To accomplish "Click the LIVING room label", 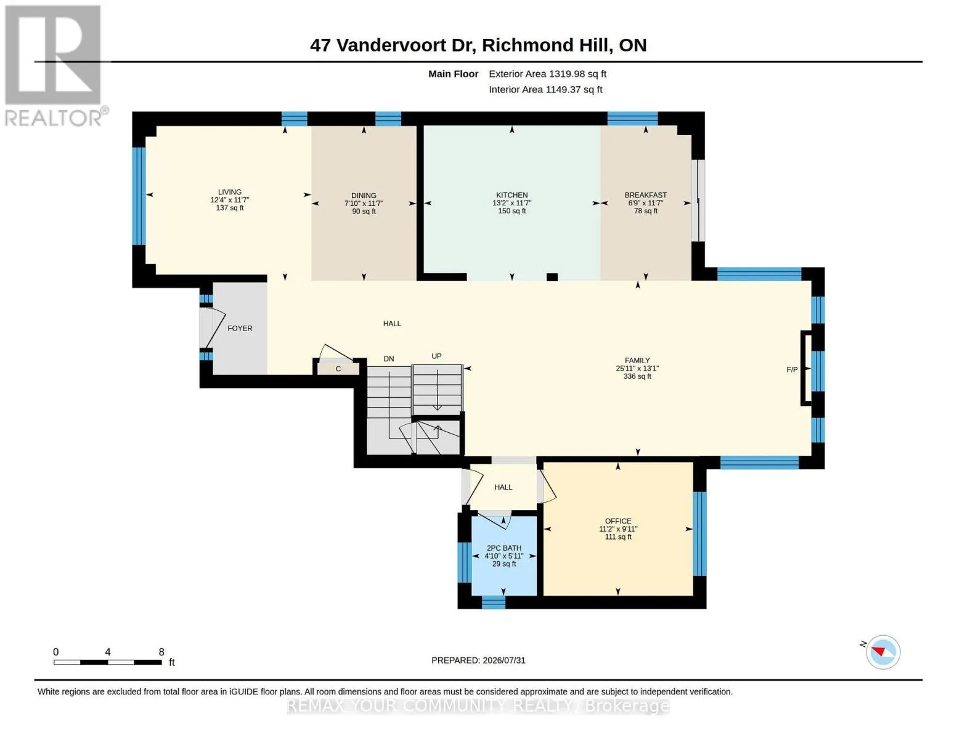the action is [229, 192].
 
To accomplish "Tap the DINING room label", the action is [364, 195].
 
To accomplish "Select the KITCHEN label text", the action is [511, 195].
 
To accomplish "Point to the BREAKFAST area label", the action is [646, 195].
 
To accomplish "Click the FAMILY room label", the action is [637, 361].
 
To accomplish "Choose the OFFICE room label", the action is [618, 522].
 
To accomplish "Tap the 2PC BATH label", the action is [504, 548].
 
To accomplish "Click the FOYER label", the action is [240, 329].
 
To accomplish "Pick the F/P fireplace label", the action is [792, 370].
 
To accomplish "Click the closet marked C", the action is [338, 369].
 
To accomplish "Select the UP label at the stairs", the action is [436, 356].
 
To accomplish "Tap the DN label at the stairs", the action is [388, 359].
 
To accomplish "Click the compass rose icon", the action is [882, 652].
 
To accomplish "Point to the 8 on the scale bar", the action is [161, 652].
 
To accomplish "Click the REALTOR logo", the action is [55, 66].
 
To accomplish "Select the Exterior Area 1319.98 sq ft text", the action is [547, 74].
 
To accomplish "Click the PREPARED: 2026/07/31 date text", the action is [478, 660].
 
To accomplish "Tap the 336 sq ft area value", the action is [637, 376].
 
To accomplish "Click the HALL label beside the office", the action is [503, 487].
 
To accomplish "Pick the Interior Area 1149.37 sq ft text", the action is [545, 90].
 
